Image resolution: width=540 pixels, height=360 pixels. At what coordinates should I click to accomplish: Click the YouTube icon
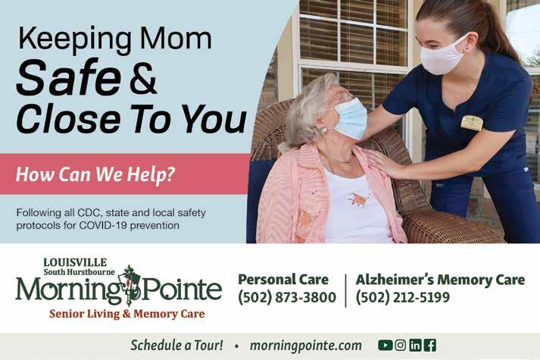385,345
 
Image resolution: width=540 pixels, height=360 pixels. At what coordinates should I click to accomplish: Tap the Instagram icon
400,345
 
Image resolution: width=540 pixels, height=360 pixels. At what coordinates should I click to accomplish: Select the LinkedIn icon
415,345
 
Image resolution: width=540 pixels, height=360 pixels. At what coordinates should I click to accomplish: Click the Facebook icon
430,345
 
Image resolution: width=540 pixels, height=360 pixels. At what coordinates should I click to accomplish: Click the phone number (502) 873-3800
287,297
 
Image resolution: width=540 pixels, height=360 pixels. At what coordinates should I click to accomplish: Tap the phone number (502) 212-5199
403,297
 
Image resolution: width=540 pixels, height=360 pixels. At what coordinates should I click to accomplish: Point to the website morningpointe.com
306,346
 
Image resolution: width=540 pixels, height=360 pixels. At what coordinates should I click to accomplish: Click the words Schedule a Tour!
176,345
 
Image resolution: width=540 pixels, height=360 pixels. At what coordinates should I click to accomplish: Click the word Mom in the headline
176,39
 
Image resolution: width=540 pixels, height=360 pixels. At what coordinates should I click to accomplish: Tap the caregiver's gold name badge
472,124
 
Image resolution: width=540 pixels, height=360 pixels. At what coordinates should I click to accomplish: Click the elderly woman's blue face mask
350,119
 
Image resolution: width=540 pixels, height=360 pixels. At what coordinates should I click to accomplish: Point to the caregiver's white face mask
442,55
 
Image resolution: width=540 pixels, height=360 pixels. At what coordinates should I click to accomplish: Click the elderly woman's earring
324,131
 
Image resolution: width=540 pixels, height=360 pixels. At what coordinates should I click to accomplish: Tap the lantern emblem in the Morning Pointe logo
130,285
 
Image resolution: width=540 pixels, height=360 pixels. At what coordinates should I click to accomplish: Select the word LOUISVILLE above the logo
75,262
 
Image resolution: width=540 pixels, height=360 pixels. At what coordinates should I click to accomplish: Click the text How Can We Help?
95,174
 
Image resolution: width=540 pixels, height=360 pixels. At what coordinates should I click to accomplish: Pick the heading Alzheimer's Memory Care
440,280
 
